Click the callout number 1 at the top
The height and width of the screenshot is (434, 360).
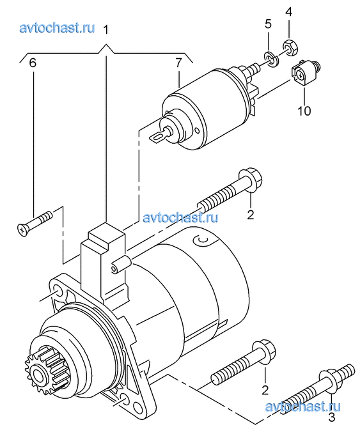106,29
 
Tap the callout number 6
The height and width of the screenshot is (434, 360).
33,63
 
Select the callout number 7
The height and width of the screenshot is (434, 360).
178,63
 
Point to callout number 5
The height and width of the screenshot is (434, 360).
268,24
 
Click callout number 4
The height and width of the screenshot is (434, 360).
288,12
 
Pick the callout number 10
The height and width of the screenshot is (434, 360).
304,111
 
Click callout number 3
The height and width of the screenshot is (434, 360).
331,417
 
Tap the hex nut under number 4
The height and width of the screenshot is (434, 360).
290,47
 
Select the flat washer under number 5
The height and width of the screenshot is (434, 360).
271,59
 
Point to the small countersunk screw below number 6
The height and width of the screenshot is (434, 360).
35,222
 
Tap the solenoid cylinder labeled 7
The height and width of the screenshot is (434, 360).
205,108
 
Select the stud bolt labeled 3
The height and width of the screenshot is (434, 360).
318,389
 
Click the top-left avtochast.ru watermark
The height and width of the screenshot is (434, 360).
57,28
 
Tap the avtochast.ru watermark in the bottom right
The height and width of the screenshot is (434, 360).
302,407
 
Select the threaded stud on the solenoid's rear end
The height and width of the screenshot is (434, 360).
253,68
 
